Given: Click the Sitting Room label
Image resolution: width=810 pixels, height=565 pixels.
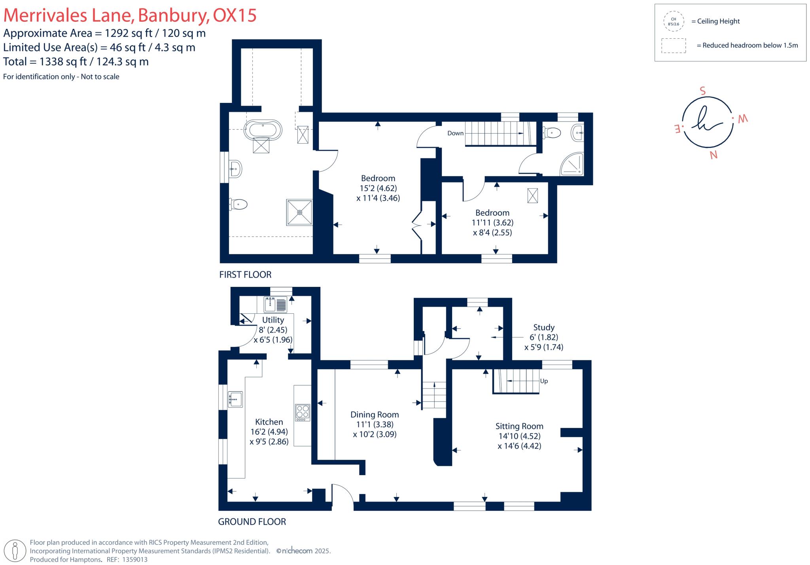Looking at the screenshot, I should point(519,426).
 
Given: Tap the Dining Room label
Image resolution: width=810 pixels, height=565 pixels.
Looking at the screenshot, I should point(375,415).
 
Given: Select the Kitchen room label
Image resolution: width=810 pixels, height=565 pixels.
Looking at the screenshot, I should point(269,422).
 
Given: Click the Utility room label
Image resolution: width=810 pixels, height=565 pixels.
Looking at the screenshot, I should point(273,320).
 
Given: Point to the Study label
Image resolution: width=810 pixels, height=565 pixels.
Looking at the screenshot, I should point(543,327).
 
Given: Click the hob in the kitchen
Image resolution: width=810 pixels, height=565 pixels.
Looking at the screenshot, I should point(303,412).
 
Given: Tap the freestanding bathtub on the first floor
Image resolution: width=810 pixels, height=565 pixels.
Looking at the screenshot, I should point(263,130).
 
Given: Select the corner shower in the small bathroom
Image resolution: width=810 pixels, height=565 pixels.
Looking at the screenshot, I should point(572,165).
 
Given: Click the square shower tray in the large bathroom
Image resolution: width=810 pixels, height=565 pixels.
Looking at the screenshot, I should point(299,212).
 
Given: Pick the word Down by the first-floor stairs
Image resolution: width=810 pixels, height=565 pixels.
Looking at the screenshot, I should point(455,133).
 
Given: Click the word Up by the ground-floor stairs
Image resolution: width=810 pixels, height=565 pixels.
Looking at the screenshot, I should point(544,381).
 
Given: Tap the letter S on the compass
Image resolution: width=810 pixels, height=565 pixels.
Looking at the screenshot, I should point(702,91).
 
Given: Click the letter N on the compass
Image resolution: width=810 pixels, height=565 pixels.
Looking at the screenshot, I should point(713,155).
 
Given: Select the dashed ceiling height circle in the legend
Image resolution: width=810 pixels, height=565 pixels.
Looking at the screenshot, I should point(673,21).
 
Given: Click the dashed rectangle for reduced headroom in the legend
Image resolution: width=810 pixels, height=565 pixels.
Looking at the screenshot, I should point(673,46).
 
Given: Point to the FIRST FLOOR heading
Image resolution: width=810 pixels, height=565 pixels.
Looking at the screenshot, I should point(245,275).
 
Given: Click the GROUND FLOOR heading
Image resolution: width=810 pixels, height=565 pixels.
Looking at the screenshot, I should point(252,521).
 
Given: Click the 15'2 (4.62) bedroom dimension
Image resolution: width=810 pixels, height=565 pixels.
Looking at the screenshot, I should point(378,188).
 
